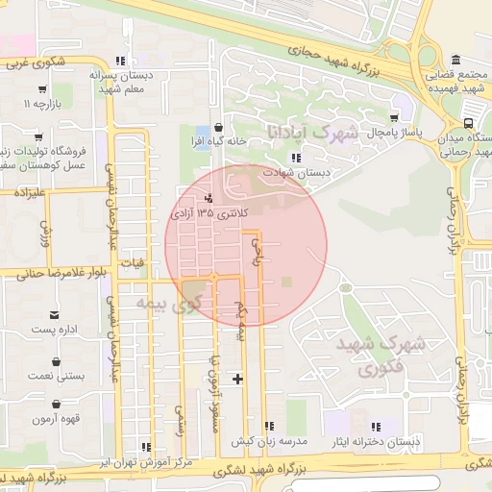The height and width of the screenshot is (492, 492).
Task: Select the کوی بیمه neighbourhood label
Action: tap(167, 304)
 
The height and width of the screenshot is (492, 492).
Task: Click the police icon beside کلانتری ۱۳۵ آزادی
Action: tap(184, 199)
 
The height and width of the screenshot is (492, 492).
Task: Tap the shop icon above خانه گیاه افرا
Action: tap(219, 126)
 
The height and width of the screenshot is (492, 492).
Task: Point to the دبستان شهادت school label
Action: tap(299, 172)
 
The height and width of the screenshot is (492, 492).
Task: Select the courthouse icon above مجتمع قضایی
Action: tap(455, 59)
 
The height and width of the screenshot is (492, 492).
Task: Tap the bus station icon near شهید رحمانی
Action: tap(468, 123)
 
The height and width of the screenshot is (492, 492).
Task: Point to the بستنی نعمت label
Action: tap(59, 376)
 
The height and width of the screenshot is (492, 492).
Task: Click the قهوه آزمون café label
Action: tap(59, 419)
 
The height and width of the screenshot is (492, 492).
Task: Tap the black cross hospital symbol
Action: tap(237, 379)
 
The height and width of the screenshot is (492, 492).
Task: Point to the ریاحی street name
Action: tap(256, 252)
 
